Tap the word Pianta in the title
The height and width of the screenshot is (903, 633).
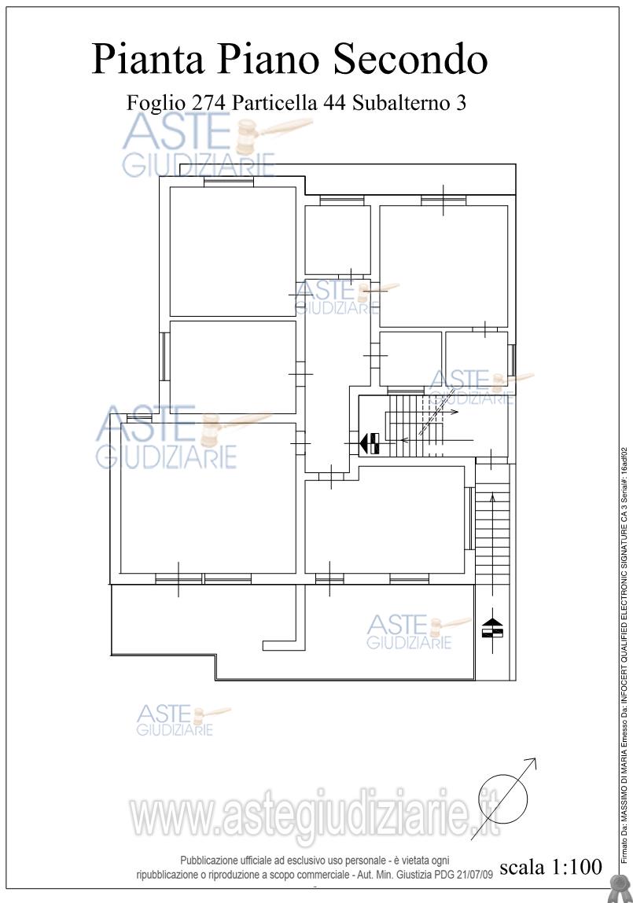pyautogui.click(x=147, y=59)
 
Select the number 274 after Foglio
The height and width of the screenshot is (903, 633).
pyautogui.click(x=208, y=103)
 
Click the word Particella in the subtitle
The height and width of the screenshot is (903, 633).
pyautogui.click(x=275, y=103)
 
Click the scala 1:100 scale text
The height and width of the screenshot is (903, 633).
pyautogui.click(x=550, y=867)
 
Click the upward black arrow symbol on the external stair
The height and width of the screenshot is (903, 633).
pyautogui.click(x=492, y=626)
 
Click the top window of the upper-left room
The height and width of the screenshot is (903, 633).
pyautogui.click(x=229, y=182)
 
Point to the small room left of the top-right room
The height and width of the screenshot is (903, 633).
pyautogui.click(x=337, y=240)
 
